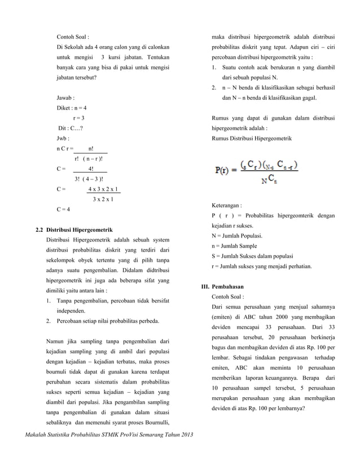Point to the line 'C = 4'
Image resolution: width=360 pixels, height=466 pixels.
[63, 209]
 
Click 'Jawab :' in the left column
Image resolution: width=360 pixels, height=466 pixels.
[66, 97]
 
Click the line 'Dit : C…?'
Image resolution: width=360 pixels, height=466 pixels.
[73, 128]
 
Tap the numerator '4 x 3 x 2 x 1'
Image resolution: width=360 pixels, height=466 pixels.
[103, 189]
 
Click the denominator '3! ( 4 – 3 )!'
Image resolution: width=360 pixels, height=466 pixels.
[89, 179]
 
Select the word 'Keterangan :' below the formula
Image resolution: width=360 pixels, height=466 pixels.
[226, 206]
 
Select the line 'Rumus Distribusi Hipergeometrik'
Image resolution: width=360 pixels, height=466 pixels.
[251, 138]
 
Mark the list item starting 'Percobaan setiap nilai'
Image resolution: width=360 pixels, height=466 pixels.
[107, 321]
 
